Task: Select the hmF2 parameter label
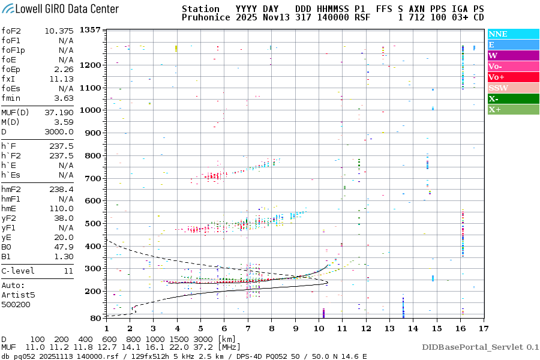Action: coord(12,189)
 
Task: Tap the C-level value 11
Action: coord(68,271)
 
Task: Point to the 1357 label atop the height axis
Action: coord(90,30)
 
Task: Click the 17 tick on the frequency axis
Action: coord(483,328)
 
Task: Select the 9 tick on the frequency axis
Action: coord(295,328)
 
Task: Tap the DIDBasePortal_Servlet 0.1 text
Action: coord(480,347)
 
